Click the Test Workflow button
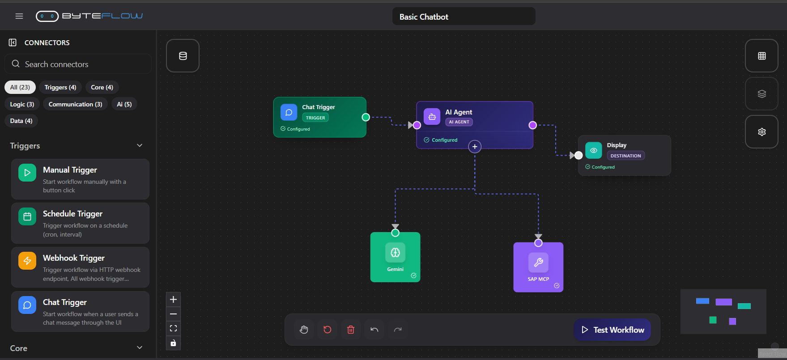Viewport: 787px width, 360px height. [x=613, y=330]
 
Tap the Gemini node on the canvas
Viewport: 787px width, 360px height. [x=395, y=257]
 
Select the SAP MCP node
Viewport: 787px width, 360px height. [x=538, y=267]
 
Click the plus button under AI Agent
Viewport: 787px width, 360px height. [x=475, y=147]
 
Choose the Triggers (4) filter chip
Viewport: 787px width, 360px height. [x=60, y=87]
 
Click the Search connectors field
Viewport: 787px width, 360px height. [x=78, y=64]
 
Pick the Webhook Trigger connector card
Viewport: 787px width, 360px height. [x=80, y=267]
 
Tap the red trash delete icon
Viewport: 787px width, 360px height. [x=351, y=330]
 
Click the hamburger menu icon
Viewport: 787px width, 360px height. [x=19, y=16]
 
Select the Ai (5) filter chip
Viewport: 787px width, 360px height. [x=124, y=104]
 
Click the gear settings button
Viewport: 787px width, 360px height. [x=761, y=132]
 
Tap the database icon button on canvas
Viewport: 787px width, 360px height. [x=183, y=56]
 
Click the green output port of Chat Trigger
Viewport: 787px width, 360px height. [x=366, y=117]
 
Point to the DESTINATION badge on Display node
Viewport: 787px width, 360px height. [x=625, y=156]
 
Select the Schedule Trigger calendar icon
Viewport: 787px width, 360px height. [x=27, y=217]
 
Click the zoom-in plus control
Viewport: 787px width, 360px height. [x=174, y=300]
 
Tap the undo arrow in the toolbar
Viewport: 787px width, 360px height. [x=374, y=330]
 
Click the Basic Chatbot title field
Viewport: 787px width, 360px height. [x=464, y=17]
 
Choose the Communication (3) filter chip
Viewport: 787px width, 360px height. [x=75, y=104]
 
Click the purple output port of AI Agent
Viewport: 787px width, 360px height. [x=532, y=125]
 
